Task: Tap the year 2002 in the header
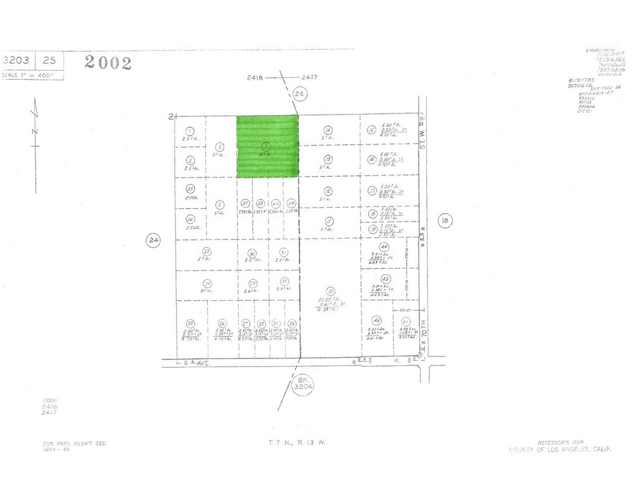[108, 62]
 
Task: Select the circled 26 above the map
[300, 94]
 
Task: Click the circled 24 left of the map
[153, 239]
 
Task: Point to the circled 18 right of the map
[445, 220]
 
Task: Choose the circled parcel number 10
[330, 291]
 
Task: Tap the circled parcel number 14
[328, 130]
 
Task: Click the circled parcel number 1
[190, 130]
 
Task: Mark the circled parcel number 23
[206, 251]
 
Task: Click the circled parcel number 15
[372, 130]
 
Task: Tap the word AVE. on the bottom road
[201, 363]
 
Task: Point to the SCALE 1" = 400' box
[32, 75]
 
